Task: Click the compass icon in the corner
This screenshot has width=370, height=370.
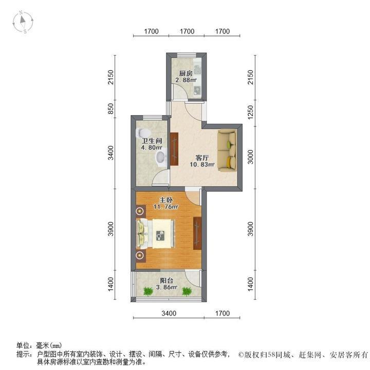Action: click(24, 22)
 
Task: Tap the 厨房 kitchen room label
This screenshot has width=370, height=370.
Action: click(186, 73)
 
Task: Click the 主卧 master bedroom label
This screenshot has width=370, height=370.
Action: click(165, 200)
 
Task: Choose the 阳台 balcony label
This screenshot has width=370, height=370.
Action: click(165, 281)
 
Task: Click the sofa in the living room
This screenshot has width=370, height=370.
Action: click(227, 151)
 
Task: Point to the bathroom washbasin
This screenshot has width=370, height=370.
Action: click(161, 157)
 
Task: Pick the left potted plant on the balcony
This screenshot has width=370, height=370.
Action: click(149, 291)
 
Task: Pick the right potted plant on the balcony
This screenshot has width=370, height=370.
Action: click(186, 291)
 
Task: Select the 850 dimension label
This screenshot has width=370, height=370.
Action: click(110, 109)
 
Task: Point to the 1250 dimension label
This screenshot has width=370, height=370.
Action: click(250, 112)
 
